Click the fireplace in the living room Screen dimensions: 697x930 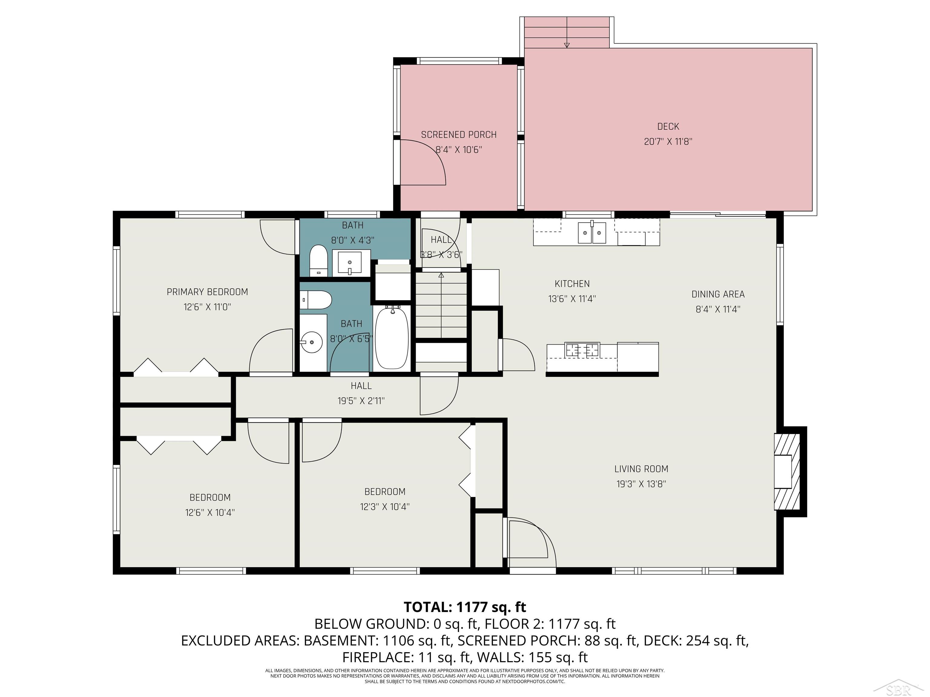tap(787, 471)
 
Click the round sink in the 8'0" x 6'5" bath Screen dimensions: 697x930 tap(312, 342)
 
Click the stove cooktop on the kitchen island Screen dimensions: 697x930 tap(582, 350)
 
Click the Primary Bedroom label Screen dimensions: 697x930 tap(207, 292)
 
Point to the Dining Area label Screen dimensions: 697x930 tap(718, 294)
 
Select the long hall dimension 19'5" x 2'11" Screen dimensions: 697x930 tap(361, 401)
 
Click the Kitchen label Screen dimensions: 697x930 tap(572, 283)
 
